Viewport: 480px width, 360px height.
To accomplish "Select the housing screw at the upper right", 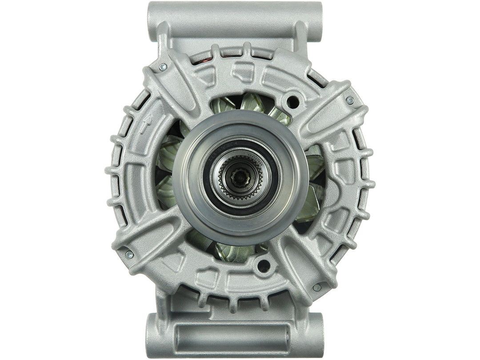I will point(350,100).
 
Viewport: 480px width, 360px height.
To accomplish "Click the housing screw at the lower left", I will point(129,255).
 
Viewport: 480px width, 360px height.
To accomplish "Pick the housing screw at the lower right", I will point(316,288).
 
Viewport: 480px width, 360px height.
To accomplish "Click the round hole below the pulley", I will point(264,266).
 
